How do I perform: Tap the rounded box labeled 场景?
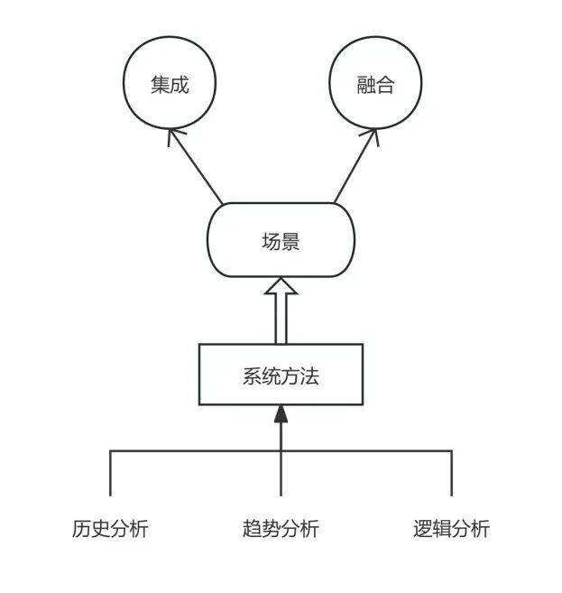pos(281,240)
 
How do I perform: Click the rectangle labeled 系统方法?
pos(281,375)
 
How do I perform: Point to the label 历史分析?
pos(110,529)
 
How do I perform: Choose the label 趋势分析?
pos(281,529)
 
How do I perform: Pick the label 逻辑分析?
pos(451,529)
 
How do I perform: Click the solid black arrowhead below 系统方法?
pos(281,414)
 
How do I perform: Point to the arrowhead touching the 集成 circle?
pos(175,136)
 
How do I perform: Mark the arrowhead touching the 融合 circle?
pos(370,136)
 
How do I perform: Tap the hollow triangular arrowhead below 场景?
pos(281,288)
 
